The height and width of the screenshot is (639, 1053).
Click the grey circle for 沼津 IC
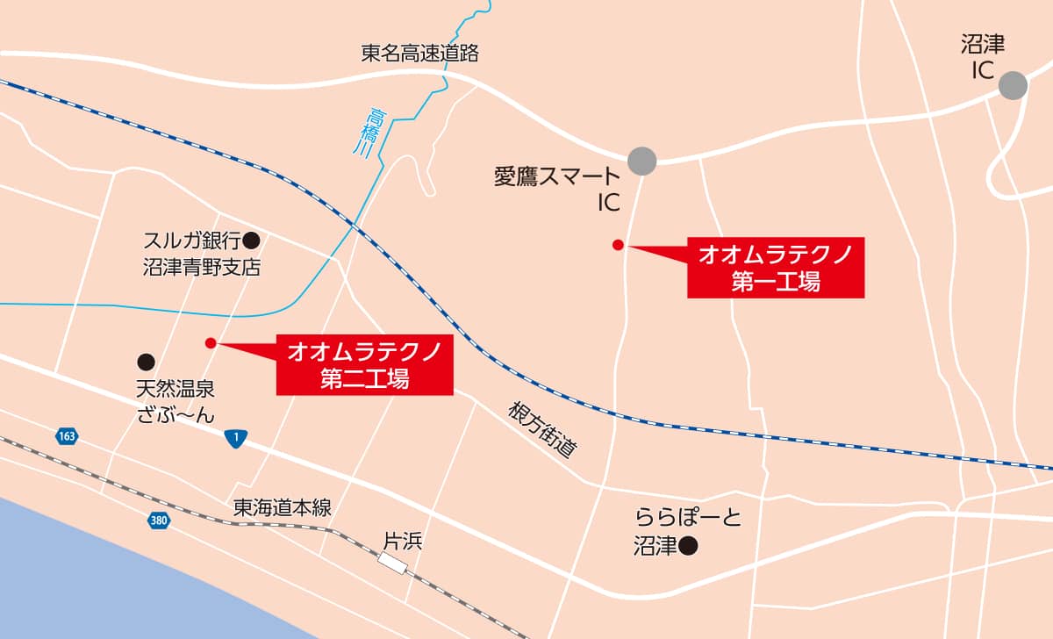tap(1014, 85)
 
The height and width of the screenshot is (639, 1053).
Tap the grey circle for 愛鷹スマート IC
tap(642, 160)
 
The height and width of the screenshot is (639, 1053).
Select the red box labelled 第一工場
tap(775, 267)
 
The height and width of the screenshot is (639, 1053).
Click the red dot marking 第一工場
tap(618, 244)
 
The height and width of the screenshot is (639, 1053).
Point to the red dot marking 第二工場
tap(210, 342)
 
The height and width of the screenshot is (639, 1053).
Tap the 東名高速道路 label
tap(420, 53)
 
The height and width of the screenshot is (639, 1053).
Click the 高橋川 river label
tap(377, 132)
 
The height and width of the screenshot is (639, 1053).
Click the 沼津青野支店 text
tap(202, 268)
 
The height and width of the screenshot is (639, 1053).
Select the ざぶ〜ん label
tap(175, 415)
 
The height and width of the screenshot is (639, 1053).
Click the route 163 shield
tap(66, 436)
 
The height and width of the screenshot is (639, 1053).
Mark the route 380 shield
tap(158, 521)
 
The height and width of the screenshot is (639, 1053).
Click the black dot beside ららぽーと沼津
tap(689, 547)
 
